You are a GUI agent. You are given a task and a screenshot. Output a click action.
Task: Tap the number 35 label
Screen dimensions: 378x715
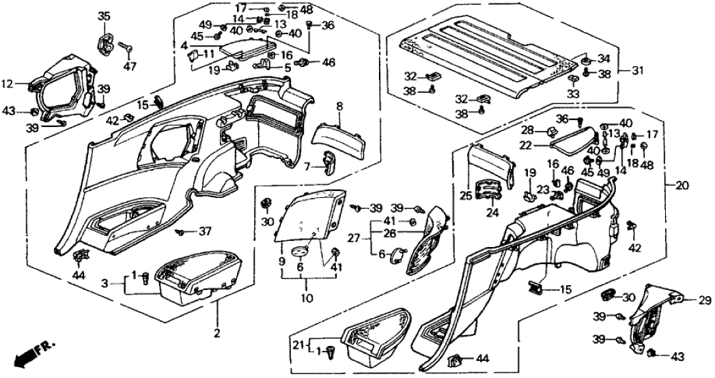(104, 16)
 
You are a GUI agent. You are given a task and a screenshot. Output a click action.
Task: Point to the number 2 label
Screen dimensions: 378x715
(217, 334)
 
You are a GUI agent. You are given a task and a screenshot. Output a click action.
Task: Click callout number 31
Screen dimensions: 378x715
(638, 71)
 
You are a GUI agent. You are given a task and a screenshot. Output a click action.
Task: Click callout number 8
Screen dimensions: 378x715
(339, 107)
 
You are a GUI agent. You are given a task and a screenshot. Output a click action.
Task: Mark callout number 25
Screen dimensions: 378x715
(466, 195)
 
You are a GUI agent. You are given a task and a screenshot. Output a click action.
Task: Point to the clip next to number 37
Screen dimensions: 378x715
(180, 232)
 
